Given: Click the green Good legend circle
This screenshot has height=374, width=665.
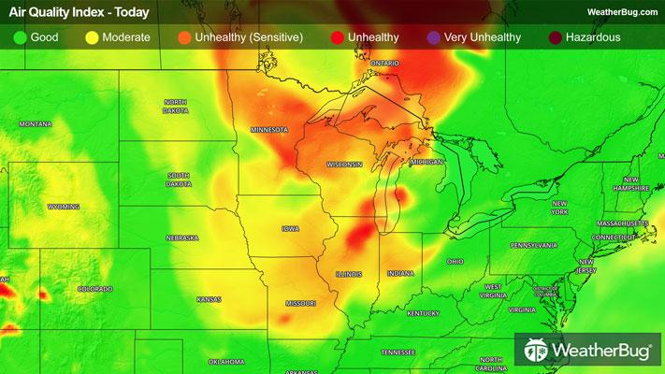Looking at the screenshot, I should (x=19, y=37).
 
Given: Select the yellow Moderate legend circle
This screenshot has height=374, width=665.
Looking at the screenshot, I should (x=92, y=37).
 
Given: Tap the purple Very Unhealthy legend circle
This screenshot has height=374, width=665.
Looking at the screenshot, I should (x=433, y=37).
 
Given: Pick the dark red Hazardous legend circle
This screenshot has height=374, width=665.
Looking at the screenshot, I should (x=556, y=37).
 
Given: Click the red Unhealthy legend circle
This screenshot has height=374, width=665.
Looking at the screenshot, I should (x=335, y=37).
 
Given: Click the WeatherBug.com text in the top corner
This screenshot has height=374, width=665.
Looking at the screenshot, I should (x=621, y=11).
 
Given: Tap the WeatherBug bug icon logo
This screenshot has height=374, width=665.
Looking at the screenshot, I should (x=536, y=352).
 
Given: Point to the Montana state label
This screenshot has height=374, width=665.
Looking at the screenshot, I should (x=35, y=123).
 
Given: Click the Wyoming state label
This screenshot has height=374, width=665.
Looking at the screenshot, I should (x=64, y=207).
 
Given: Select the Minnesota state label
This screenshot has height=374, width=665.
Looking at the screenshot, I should (x=268, y=129).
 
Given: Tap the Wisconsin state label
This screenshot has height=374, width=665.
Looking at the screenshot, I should (x=343, y=164).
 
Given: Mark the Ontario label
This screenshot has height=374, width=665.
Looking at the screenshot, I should (x=384, y=63).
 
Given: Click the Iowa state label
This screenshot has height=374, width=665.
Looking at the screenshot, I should (x=290, y=228).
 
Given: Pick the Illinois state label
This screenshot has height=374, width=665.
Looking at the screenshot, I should (x=349, y=273).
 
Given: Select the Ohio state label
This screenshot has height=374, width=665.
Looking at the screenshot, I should (x=455, y=261).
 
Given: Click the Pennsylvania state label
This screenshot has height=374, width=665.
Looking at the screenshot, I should (x=533, y=245).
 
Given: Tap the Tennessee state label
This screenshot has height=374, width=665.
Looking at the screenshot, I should (x=398, y=352).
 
